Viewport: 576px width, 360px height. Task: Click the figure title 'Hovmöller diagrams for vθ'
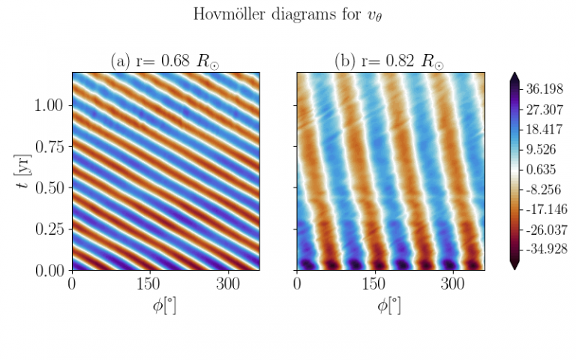(288, 14)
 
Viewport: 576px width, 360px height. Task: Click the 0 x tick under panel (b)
(298, 285)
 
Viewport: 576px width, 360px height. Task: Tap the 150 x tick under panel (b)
(375, 285)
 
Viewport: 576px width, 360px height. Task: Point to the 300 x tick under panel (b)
(453, 285)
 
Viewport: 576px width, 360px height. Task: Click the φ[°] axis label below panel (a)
(165, 305)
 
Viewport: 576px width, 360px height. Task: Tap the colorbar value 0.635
(543, 168)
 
